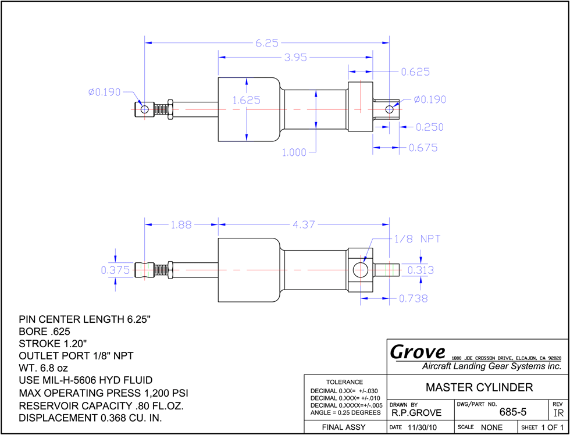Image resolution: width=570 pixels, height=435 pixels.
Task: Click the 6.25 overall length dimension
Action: pos(267,43)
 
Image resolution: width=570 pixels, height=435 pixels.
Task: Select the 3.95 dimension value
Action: pos(295,58)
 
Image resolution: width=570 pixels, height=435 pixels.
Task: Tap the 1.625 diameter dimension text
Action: pos(247,100)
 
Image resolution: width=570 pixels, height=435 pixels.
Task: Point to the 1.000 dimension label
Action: pos(294,152)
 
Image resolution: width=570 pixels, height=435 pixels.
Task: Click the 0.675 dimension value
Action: pos(423,148)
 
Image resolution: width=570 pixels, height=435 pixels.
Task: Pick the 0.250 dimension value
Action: pos(430,127)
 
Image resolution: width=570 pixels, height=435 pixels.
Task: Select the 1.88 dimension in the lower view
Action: pos(181,225)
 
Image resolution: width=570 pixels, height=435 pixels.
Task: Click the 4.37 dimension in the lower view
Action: pos(304,225)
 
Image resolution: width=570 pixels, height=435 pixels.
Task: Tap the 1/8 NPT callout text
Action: pos(418,239)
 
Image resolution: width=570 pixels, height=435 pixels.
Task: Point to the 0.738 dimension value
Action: pos(414,299)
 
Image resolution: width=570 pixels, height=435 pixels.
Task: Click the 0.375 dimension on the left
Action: pos(115,270)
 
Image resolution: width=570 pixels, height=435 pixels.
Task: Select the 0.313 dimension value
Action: pos(421,270)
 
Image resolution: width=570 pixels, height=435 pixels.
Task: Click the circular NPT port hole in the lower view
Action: pos(360,270)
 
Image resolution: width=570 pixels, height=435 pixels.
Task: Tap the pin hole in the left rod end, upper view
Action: pos(144,109)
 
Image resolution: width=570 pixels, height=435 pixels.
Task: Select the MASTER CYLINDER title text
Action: pos(479,387)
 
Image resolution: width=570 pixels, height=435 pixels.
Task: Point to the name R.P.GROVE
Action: pos(416,413)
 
